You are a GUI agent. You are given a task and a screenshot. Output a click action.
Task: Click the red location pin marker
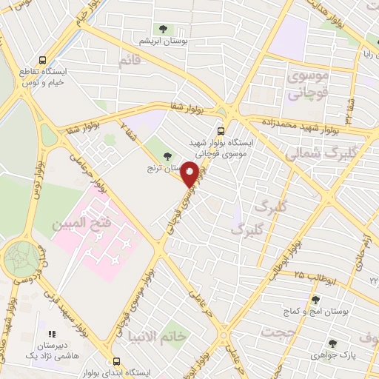click(190, 174)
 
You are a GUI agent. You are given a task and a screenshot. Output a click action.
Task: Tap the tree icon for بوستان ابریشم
click(163, 29)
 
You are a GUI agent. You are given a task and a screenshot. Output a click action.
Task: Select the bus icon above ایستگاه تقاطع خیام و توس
click(42, 59)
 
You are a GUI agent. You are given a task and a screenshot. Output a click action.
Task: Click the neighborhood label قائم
click(129, 61)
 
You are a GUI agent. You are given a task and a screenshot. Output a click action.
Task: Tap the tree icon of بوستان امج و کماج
click(315, 300)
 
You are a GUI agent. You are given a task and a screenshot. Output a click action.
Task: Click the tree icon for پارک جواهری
click(332, 343)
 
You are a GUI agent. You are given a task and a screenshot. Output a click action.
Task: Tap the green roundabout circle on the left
click(22, 260)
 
